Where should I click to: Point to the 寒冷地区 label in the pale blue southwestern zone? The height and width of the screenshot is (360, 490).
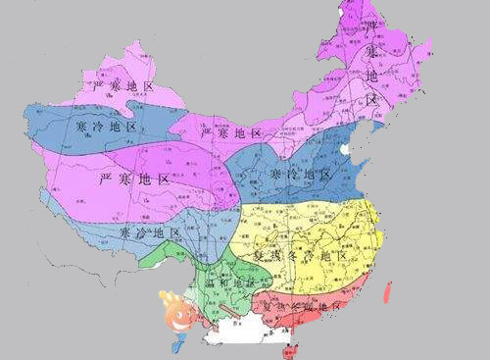point(151,233)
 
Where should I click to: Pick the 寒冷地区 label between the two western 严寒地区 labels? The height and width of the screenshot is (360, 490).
point(106,127)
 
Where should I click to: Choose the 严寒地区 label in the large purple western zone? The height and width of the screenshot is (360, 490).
point(135,180)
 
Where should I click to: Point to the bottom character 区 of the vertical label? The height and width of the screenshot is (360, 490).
point(371,99)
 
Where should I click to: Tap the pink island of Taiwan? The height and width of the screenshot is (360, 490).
point(388,291)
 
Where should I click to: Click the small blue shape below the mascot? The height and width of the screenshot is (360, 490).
point(178,345)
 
